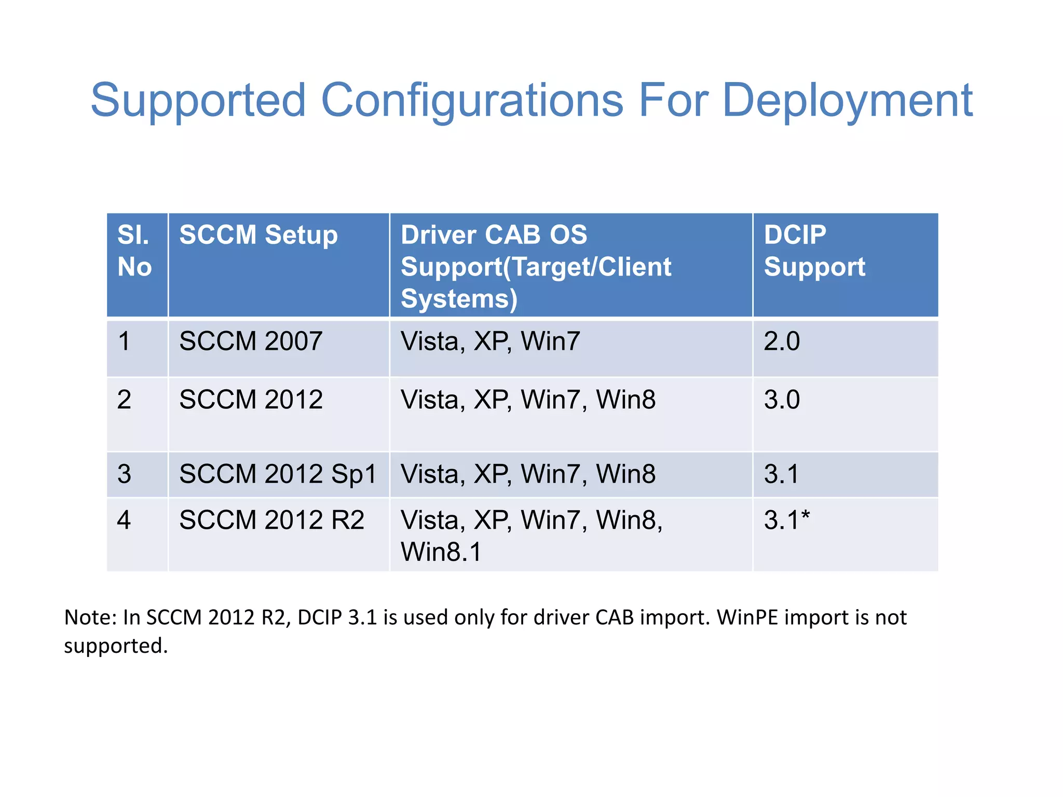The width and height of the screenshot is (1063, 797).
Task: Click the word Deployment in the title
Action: [847, 101]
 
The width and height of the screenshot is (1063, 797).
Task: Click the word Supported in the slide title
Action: [198, 101]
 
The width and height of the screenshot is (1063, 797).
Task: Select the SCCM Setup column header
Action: [258, 235]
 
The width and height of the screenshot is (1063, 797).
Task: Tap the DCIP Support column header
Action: [814, 251]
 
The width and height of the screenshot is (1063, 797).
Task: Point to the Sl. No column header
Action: [134, 251]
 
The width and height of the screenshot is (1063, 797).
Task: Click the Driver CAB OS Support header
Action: [536, 266]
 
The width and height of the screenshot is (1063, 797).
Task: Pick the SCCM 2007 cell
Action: [251, 341]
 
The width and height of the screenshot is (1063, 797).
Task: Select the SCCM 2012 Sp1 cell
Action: [278, 474]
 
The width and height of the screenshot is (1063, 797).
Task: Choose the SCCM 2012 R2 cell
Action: [271, 520]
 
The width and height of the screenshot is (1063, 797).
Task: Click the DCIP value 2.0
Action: [782, 341]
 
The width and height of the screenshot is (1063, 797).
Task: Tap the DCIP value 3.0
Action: [782, 400]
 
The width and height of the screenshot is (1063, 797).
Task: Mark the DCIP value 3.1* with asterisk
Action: [786, 520]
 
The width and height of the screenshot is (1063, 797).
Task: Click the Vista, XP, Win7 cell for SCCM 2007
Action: [490, 341]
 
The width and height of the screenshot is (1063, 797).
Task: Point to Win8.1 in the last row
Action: [441, 552]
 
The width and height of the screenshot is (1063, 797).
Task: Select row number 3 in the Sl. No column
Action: [124, 474]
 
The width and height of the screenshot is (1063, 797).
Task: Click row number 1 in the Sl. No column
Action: [124, 341]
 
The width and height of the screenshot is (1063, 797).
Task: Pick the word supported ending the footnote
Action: [115, 646]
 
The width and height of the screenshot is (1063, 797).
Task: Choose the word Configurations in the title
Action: [472, 101]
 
